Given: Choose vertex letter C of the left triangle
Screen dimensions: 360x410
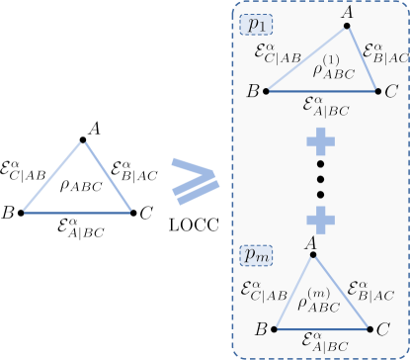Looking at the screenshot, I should [146, 212].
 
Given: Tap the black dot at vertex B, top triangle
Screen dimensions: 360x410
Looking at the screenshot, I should [270, 91].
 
